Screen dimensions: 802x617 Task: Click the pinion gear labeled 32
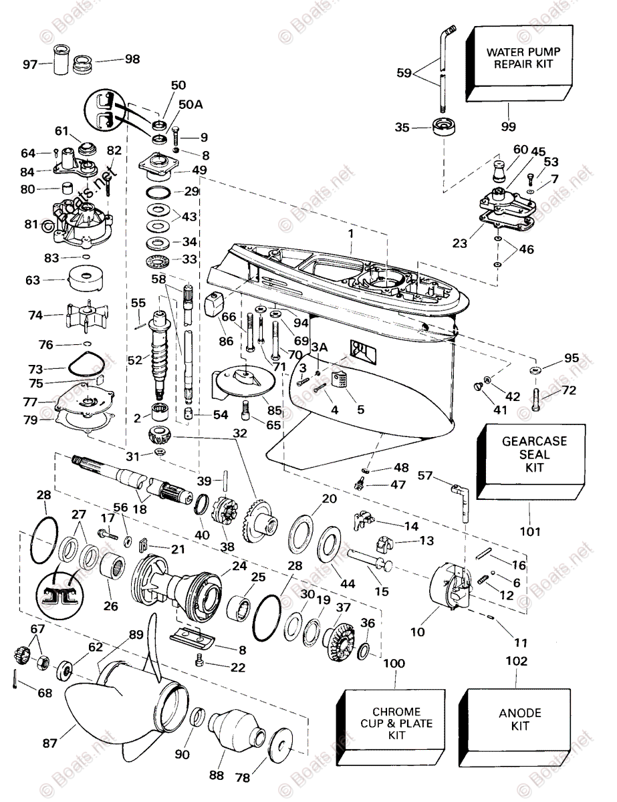pos(161,440)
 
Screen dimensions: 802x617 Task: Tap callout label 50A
pos(190,104)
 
